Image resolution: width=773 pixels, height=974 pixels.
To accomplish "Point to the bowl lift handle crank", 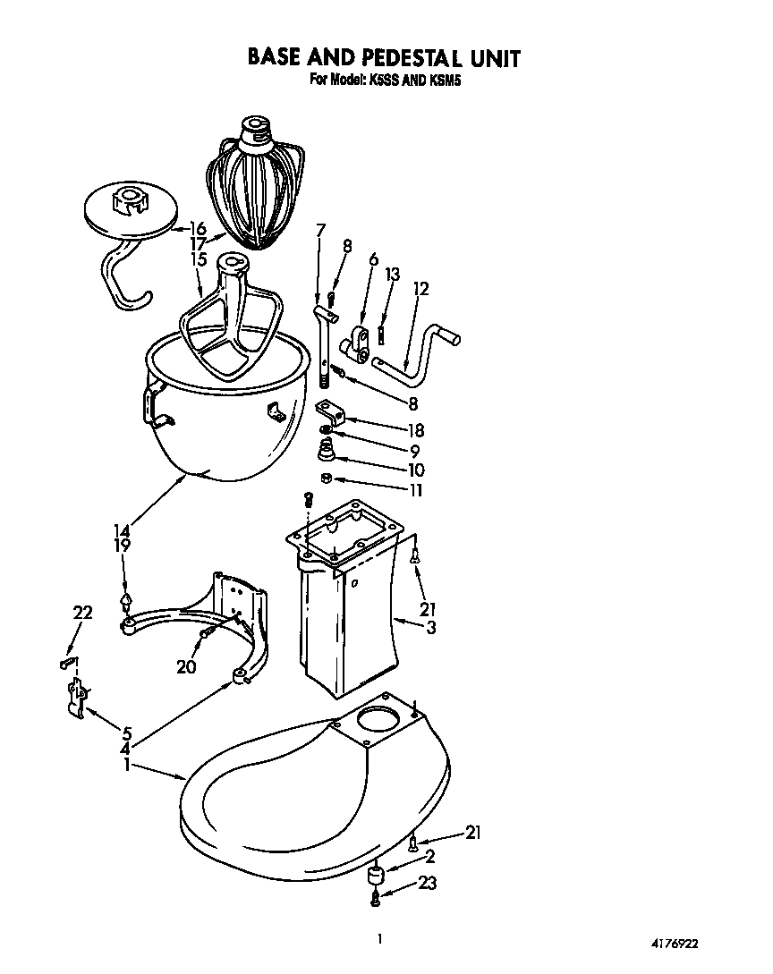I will coord(416,353).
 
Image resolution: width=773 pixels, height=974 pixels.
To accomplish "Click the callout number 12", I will coord(421,289).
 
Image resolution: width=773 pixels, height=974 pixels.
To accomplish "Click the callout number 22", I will coord(82,612).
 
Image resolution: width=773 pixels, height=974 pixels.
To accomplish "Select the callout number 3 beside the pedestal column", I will coord(430,627).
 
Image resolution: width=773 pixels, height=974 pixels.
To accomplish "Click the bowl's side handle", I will coord(149,402).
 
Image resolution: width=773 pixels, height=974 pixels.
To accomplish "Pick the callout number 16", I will coord(197,229).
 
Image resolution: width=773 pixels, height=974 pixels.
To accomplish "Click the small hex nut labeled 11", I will coord(327,478).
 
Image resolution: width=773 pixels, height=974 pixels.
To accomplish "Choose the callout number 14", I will coord(122,529).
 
